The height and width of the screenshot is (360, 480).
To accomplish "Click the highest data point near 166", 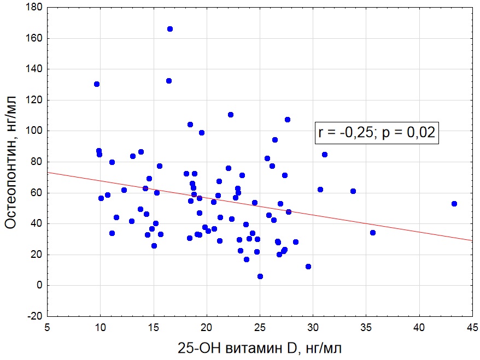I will coord(170,29).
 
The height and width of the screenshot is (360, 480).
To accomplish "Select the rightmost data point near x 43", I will coord(454,204).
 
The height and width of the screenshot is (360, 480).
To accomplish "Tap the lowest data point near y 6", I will coord(260,276).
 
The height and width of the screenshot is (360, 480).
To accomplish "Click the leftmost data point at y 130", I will coord(97,84).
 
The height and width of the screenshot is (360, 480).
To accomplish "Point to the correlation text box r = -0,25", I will coord(377,132).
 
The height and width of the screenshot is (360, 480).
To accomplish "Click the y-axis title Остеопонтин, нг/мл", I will coord(12,162).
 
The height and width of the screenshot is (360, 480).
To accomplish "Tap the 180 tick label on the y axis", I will coord(33,8).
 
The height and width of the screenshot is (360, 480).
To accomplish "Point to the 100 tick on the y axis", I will coord(33,131).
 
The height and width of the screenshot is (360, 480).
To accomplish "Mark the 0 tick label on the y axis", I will coord(39,285).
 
